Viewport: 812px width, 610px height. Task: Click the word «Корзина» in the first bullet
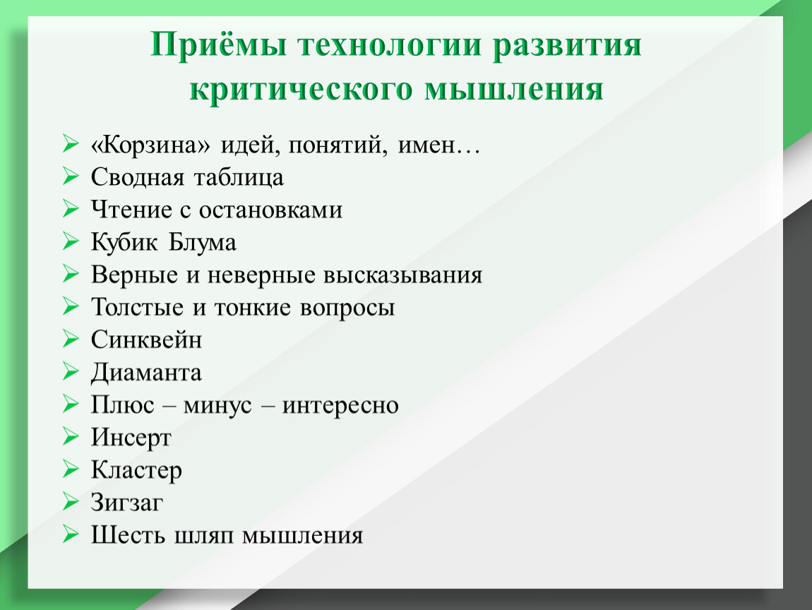tap(150, 145)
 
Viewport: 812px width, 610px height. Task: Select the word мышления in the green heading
tap(514, 88)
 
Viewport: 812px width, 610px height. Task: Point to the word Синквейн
tap(147, 340)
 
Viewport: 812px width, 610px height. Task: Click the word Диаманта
tap(147, 373)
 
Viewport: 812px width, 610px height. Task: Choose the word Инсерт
tap(131, 438)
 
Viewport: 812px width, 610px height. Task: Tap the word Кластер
tap(137, 471)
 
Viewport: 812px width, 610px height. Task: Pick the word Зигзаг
tap(127, 503)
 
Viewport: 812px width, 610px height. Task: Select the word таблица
tap(239, 178)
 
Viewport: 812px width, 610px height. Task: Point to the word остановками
tap(271, 210)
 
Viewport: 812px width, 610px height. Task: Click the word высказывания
tap(403, 275)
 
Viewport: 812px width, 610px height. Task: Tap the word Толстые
tap(137, 307)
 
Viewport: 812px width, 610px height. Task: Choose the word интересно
tap(340, 405)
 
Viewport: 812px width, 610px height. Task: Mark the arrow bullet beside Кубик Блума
tap(71, 241)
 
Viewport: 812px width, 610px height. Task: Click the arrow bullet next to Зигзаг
tap(71, 501)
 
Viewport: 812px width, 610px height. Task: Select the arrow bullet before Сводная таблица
tap(71, 176)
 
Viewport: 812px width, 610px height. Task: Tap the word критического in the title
tap(301, 90)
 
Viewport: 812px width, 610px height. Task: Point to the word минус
tap(217, 405)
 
